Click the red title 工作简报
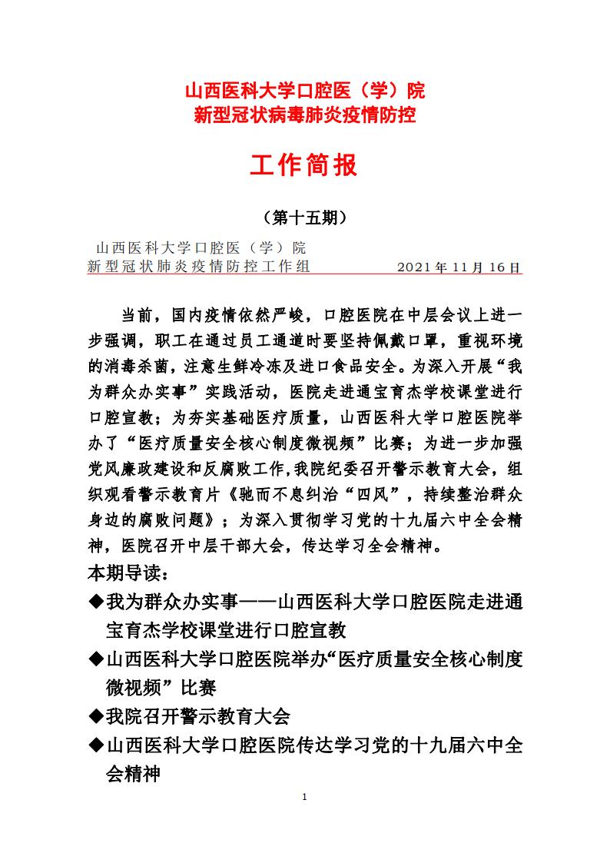pyautogui.click(x=304, y=165)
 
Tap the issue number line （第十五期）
pyautogui.click(x=304, y=218)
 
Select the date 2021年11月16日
pyautogui.click(x=459, y=267)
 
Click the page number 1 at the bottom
pyautogui.click(x=305, y=797)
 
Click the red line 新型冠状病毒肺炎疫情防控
pyautogui.click(x=304, y=116)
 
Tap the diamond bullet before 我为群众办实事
pyautogui.click(x=96, y=600)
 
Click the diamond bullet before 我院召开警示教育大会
pyautogui.click(x=96, y=716)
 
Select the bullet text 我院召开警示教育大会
pyautogui.click(x=198, y=716)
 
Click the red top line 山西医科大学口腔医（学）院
pyautogui.click(x=304, y=92)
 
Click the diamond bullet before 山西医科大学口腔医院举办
pyautogui.click(x=96, y=659)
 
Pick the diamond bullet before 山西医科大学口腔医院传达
pyautogui.click(x=96, y=745)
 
